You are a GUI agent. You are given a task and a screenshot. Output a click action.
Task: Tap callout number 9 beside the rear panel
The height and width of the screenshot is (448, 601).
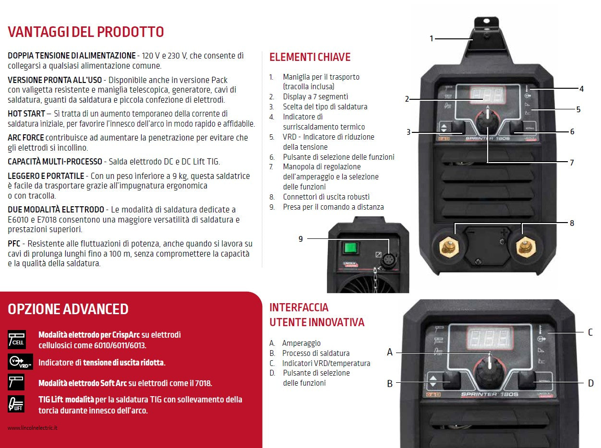pos(301,238)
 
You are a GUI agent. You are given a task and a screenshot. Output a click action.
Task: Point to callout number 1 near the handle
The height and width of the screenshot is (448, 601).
pos(432,38)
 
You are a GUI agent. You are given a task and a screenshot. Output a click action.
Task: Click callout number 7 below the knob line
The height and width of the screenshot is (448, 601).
pos(572,163)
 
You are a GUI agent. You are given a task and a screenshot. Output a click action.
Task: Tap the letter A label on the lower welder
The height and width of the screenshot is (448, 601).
pos(390,353)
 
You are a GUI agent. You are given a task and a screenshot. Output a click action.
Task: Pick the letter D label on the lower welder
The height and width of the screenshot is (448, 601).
pos(590,383)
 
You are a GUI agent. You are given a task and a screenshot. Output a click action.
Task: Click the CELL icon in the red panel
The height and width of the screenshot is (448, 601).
pos(16,339)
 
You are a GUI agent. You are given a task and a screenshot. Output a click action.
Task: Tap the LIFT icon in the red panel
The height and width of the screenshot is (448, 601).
pos(16,404)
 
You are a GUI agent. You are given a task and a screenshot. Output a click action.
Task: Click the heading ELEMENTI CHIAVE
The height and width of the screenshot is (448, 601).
pos(310,57)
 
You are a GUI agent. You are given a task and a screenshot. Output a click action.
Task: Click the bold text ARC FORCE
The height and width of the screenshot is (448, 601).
pos(26,138)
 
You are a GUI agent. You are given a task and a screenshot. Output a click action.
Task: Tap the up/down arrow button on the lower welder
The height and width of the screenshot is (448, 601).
pos(434,381)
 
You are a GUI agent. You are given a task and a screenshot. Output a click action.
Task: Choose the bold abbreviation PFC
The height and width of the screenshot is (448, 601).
pos(14,244)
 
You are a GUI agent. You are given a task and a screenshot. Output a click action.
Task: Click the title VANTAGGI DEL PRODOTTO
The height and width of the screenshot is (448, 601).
pos(86,32)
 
